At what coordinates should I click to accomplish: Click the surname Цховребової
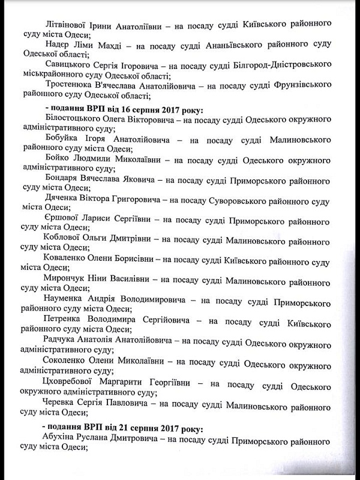point(76,383)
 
